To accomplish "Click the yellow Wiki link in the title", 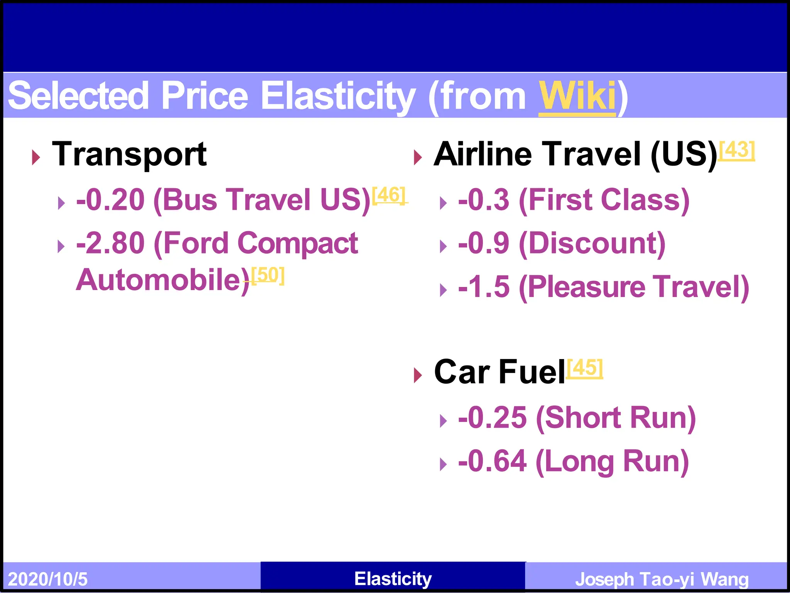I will click(x=577, y=96).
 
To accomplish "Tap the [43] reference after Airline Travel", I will click(x=737, y=150).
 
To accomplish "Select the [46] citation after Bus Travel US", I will click(x=389, y=195).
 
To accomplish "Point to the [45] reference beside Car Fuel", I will click(x=585, y=368).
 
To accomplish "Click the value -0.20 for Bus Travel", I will click(x=111, y=200).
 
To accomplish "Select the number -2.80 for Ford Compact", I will click(x=111, y=243).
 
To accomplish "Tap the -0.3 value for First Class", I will click(x=484, y=200).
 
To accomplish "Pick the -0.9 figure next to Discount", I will click(x=484, y=243).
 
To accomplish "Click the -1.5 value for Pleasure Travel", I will click(x=484, y=287).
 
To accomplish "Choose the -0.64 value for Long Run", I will click(x=492, y=461).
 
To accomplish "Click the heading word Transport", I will click(x=129, y=155).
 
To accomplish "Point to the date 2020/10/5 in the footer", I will click(x=48, y=579).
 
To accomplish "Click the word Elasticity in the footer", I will click(x=393, y=579).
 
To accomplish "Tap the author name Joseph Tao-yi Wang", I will click(x=662, y=579).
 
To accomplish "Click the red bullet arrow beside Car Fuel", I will click(x=418, y=375).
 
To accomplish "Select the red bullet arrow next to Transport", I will click(x=36, y=157).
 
